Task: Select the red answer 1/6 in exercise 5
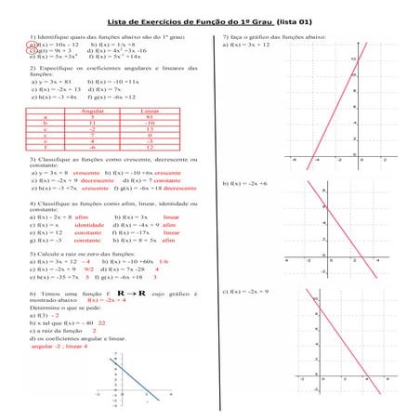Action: pos(164,261)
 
